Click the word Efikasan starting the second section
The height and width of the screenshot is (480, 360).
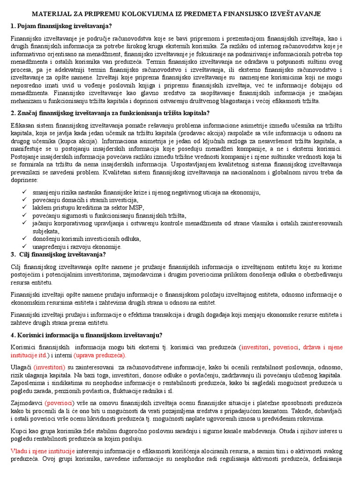coord(22,125)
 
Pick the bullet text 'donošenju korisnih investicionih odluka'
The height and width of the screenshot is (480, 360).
coord(87,239)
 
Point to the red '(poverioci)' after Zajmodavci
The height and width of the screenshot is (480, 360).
coord(60,403)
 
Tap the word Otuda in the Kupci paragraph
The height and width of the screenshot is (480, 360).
coord(285,431)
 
